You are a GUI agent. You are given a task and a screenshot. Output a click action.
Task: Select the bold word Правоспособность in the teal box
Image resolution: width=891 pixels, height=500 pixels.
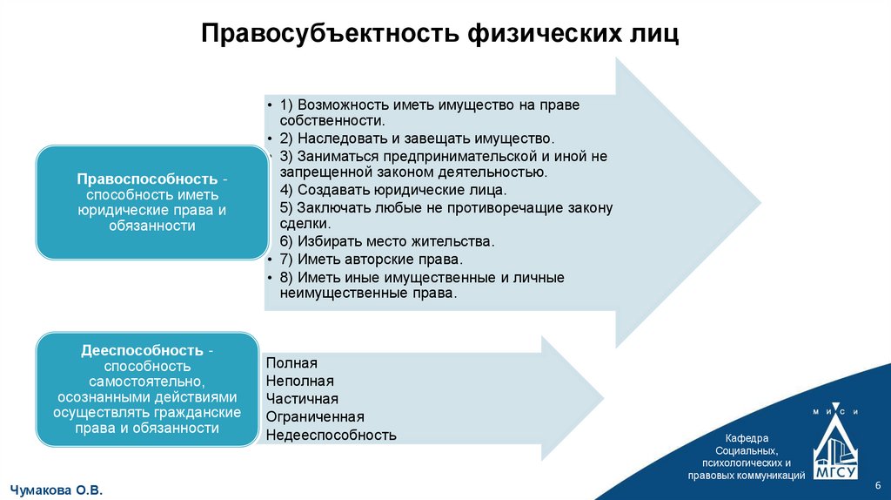point(144,179)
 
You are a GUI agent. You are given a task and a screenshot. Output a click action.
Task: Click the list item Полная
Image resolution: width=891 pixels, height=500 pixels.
point(291,363)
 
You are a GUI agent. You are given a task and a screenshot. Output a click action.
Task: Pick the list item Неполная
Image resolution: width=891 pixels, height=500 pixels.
point(300,381)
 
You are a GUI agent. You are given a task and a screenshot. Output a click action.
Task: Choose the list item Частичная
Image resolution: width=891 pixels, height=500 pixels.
point(302,399)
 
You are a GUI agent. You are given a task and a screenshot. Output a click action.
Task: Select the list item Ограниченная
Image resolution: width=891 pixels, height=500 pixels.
point(315,416)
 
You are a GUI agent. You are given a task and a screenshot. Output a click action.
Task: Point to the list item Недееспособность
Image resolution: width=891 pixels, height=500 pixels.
point(332,435)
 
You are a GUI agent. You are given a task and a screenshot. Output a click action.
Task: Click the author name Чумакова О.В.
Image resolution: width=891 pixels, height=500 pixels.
point(57,490)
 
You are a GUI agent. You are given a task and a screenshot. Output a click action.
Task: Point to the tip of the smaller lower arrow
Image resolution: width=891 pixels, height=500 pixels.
point(602,398)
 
